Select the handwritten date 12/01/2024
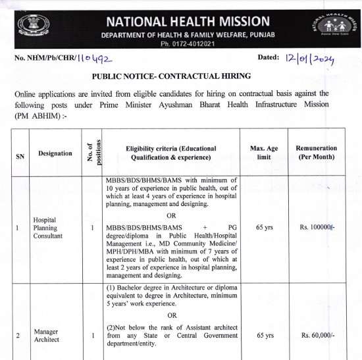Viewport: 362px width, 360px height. [x=310, y=59]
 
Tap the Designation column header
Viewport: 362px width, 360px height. [x=55, y=153]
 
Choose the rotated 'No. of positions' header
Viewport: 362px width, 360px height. [x=93, y=153]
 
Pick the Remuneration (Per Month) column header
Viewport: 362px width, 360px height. [x=317, y=153]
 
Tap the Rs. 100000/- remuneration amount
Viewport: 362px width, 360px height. [x=317, y=227]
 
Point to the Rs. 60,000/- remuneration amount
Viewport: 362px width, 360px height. [x=317, y=336]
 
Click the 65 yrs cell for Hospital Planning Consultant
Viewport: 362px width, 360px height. [x=265, y=227]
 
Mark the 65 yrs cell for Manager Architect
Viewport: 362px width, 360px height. [x=265, y=336]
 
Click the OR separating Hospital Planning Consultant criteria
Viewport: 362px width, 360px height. [x=171, y=215]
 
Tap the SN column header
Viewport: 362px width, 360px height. [x=20, y=156]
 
